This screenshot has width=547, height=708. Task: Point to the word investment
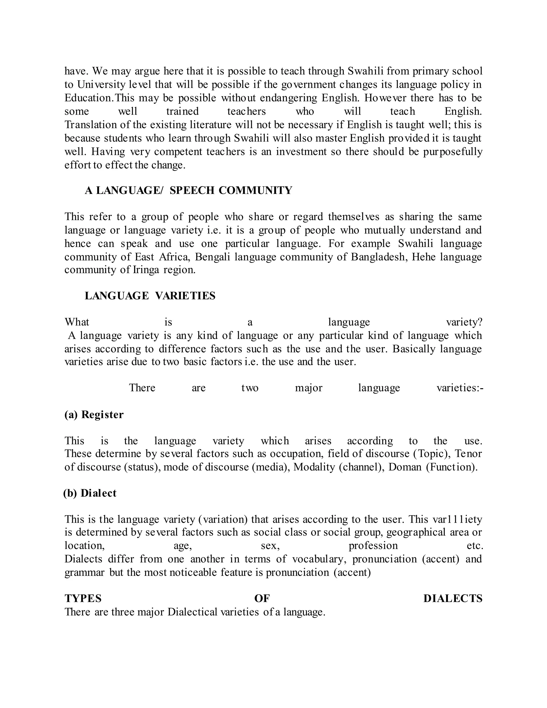(x=301, y=152)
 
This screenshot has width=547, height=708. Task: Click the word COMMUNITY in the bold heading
(x=255, y=190)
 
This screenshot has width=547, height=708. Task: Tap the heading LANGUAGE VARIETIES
(x=150, y=296)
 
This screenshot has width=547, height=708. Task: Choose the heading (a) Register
(x=94, y=415)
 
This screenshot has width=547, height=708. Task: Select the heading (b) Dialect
(x=90, y=493)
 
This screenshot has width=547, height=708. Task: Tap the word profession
(x=373, y=546)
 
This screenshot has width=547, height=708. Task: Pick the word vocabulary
(x=319, y=559)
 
